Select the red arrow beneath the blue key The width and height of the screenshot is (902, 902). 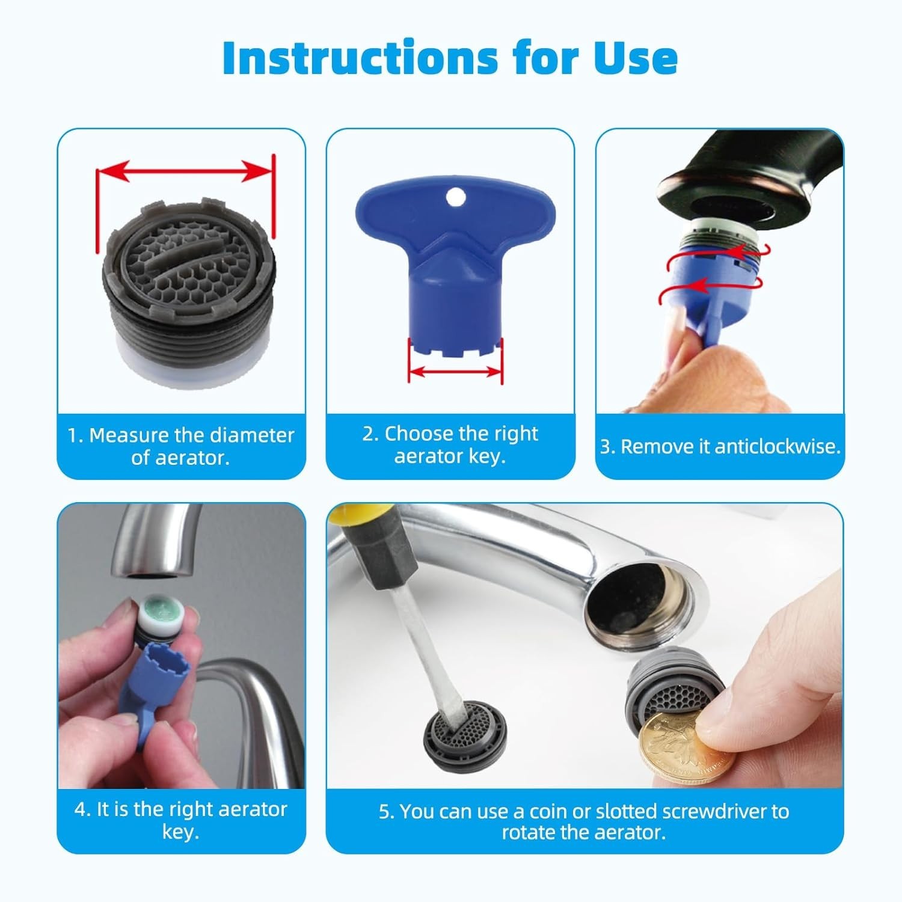tap(455, 372)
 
